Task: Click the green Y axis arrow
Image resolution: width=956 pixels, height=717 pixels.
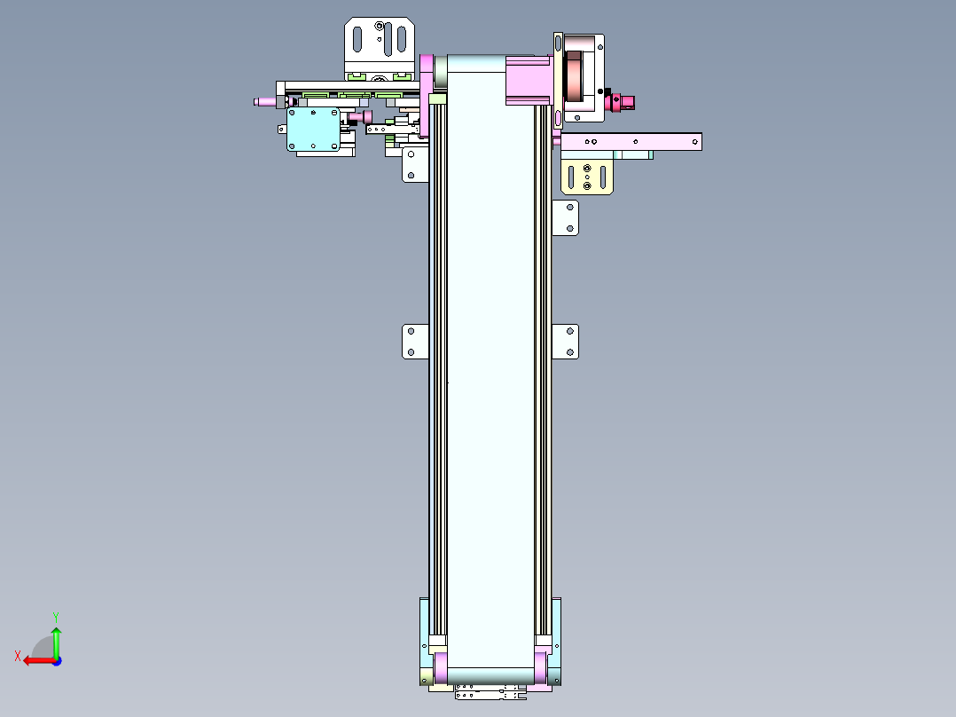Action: (56, 637)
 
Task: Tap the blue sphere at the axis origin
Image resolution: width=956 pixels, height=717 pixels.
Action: (56, 660)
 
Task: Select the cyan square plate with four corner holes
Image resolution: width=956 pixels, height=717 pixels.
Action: (313, 130)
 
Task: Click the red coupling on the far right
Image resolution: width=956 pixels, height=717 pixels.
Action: (616, 103)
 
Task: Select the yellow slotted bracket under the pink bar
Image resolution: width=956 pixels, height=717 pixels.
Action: (587, 177)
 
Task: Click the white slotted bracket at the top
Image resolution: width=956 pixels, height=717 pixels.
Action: (380, 40)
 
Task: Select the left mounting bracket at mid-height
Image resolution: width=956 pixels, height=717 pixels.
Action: (415, 342)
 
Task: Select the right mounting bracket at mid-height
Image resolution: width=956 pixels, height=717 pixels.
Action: (565, 342)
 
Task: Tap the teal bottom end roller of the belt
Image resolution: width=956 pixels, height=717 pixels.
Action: (490, 676)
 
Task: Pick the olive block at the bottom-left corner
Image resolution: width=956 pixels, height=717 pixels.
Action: (426, 679)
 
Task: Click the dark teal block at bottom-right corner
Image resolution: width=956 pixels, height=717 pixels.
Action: (556, 679)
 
